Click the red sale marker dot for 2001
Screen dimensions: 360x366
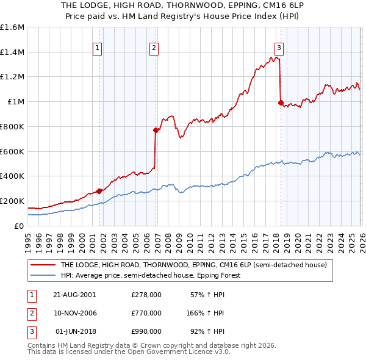[99, 191]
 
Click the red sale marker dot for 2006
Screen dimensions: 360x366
[156, 130]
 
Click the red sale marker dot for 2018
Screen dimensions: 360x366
[281, 103]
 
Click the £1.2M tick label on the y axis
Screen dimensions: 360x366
[12, 77]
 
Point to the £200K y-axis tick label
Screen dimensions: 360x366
[12, 201]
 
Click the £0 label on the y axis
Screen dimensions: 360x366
[18, 226]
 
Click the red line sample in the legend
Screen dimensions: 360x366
[43, 265]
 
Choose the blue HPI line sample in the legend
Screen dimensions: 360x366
[43, 275]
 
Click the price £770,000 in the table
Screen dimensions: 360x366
[146, 313]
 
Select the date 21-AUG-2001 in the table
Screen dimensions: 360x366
[74, 294]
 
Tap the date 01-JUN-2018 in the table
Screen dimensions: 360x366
[75, 332]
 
